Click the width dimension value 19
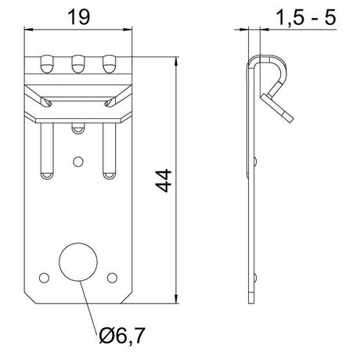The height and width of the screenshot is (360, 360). click(x=78, y=17)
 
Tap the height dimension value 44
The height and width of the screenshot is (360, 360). click(x=164, y=181)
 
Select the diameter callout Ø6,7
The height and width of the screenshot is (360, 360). click(x=121, y=336)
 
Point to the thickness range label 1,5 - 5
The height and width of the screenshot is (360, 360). click(x=305, y=18)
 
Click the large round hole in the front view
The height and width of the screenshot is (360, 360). click(x=78, y=262)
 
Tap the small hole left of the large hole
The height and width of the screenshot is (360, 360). click(x=44, y=278)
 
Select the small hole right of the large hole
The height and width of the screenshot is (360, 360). click(x=112, y=278)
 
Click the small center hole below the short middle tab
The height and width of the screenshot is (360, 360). click(x=78, y=162)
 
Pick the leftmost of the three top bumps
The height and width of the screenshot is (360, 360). click(x=47, y=64)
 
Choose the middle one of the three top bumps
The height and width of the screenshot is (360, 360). click(x=78, y=64)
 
